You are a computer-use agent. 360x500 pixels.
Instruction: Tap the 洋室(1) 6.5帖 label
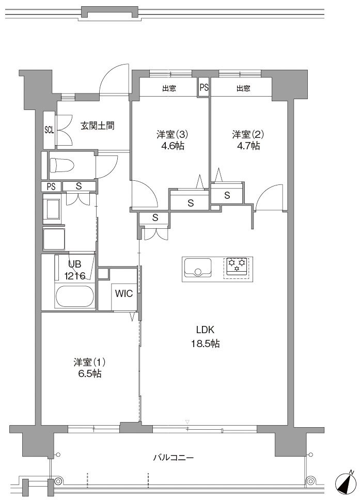click(x=87, y=367)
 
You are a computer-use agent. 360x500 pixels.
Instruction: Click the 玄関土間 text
click(x=97, y=125)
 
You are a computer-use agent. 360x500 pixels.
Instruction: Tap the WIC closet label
click(x=123, y=294)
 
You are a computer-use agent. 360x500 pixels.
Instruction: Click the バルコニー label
click(x=174, y=457)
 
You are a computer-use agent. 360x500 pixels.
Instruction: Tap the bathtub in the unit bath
click(x=74, y=298)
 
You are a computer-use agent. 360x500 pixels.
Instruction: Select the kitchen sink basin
click(x=196, y=269)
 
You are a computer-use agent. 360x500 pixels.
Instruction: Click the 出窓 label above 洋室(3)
click(x=169, y=88)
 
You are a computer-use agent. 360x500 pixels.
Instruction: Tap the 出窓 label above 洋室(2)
click(x=243, y=88)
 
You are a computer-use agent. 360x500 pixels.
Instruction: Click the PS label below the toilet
click(x=51, y=186)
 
